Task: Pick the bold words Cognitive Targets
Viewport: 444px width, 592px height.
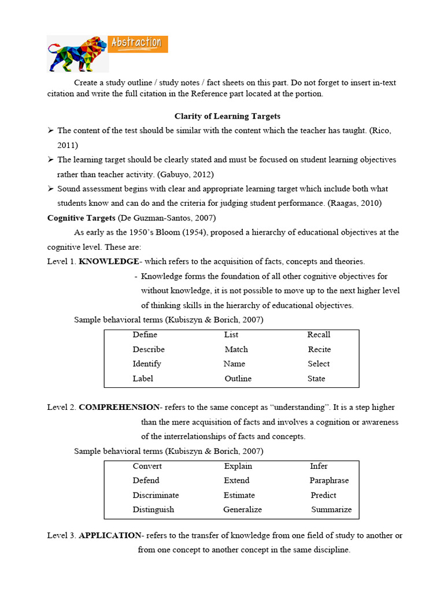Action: click(x=81, y=217)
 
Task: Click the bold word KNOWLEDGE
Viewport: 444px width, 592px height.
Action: click(x=109, y=261)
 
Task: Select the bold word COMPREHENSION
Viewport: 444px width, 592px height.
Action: click(x=119, y=407)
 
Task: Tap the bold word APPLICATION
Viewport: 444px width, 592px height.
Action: click(x=110, y=535)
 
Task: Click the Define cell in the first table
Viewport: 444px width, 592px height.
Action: click(x=145, y=335)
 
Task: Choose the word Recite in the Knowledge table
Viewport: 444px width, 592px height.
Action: click(x=319, y=349)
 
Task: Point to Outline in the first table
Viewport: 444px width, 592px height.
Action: click(x=238, y=379)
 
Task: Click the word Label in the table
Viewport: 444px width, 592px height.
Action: click(x=143, y=379)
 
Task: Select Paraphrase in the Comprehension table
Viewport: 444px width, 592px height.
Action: click(x=329, y=480)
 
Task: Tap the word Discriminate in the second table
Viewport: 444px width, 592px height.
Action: click(x=156, y=495)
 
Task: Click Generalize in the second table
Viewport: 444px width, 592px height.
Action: click(x=242, y=509)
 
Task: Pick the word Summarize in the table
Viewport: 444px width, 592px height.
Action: click(x=331, y=509)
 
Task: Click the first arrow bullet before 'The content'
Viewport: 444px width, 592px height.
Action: click(x=51, y=131)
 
